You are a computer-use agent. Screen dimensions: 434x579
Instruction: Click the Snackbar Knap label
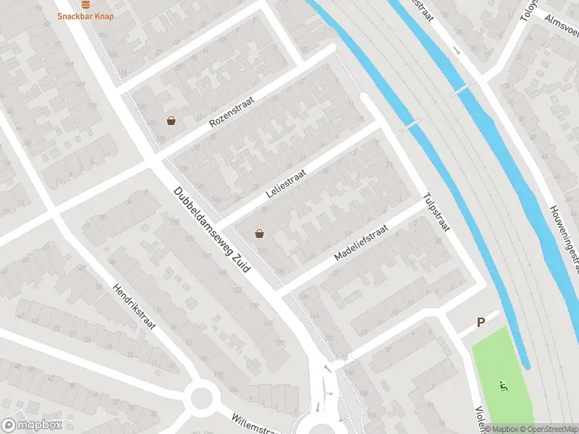[85, 15]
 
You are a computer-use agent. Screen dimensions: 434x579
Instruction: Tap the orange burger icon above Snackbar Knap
[85, 4]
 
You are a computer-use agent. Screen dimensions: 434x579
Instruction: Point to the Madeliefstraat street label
[361, 242]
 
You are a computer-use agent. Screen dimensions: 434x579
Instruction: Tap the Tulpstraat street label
[436, 211]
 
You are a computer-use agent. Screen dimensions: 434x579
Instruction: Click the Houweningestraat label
[565, 230]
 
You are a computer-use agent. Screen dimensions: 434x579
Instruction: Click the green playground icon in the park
[502, 385]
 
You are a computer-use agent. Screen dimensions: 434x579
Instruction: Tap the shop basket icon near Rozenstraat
[171, 121]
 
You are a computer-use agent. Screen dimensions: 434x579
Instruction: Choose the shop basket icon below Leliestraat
[259, 233]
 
